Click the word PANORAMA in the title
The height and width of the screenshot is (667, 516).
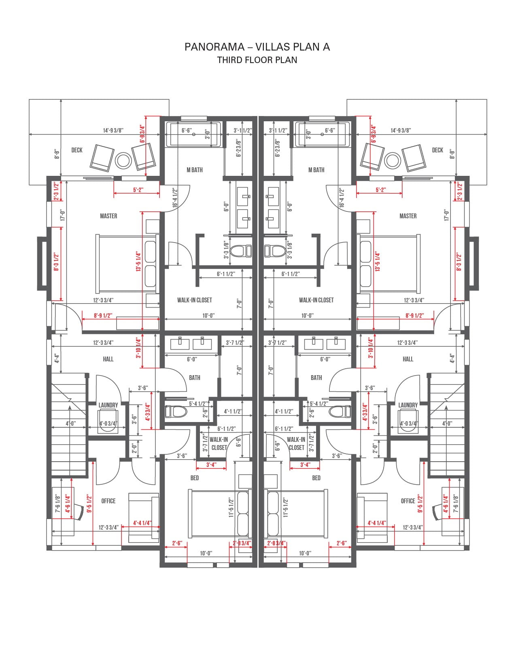(214, 47)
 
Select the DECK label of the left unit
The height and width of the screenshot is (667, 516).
(77, 150)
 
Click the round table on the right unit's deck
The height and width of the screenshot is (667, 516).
(393, 160)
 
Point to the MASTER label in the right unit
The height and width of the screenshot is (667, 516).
(408, 216)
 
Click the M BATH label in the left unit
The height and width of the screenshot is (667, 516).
(195, 170)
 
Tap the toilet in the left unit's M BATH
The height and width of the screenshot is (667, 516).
(241, 251)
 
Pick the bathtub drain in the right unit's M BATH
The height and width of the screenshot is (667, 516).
(322, 134)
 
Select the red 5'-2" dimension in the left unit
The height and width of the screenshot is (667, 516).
(138, 190)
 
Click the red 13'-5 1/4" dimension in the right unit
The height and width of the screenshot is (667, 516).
(378, 262)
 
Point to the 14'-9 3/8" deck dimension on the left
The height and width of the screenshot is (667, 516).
(113, 131)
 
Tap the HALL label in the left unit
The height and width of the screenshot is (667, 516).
(108, 359)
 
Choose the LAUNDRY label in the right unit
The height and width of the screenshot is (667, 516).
(408, 405)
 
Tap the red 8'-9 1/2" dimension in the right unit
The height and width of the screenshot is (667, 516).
(414, 316)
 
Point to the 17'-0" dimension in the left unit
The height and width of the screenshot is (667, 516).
(63, 215)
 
